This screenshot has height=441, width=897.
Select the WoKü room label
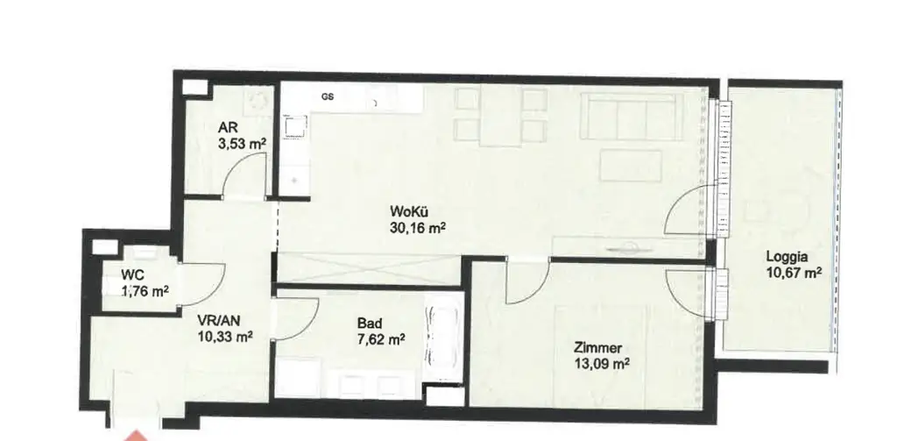pos(410,211)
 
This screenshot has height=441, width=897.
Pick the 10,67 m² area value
pos(793,274)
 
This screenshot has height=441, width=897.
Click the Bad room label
pos(369,322)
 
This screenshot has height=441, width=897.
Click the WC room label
pos(132,275)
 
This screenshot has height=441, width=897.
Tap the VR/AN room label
pos(215,321)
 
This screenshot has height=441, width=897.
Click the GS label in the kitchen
pos(327,96)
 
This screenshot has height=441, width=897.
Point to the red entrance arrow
pos(134,432)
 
